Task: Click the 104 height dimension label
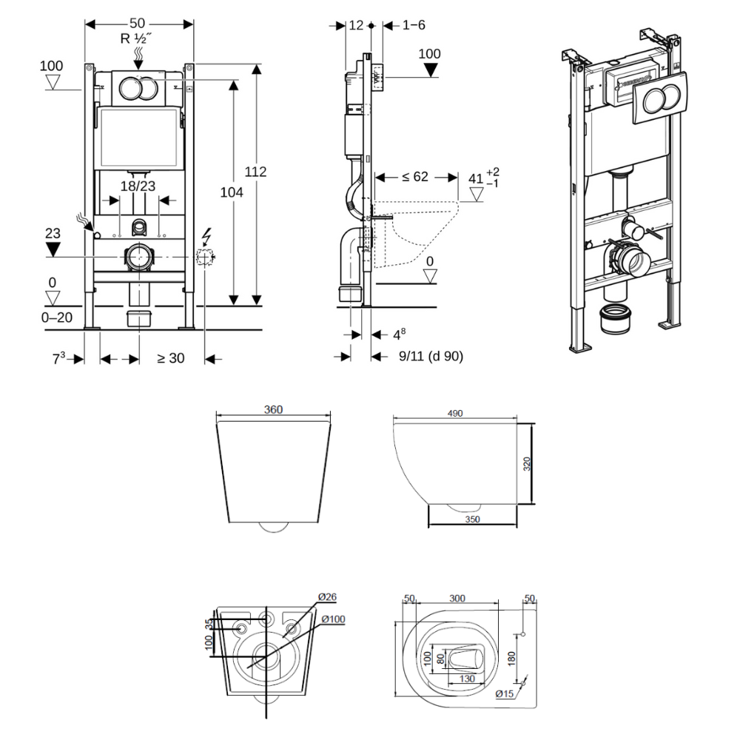pos(232,192)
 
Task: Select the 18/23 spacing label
pos(138,186)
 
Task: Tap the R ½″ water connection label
pos(139,38)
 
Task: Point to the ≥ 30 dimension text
pos(170,359)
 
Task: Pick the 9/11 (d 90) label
pos(431,357)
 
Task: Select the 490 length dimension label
pos(455,414)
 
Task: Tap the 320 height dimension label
pos(527,464)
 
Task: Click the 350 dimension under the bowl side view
pos(473,519)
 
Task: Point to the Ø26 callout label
pos(327,597)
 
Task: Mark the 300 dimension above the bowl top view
pos(457,598)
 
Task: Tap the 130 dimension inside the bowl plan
pos(467,678)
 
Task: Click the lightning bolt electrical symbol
pos(206,236)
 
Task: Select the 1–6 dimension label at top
pos(414,25)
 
